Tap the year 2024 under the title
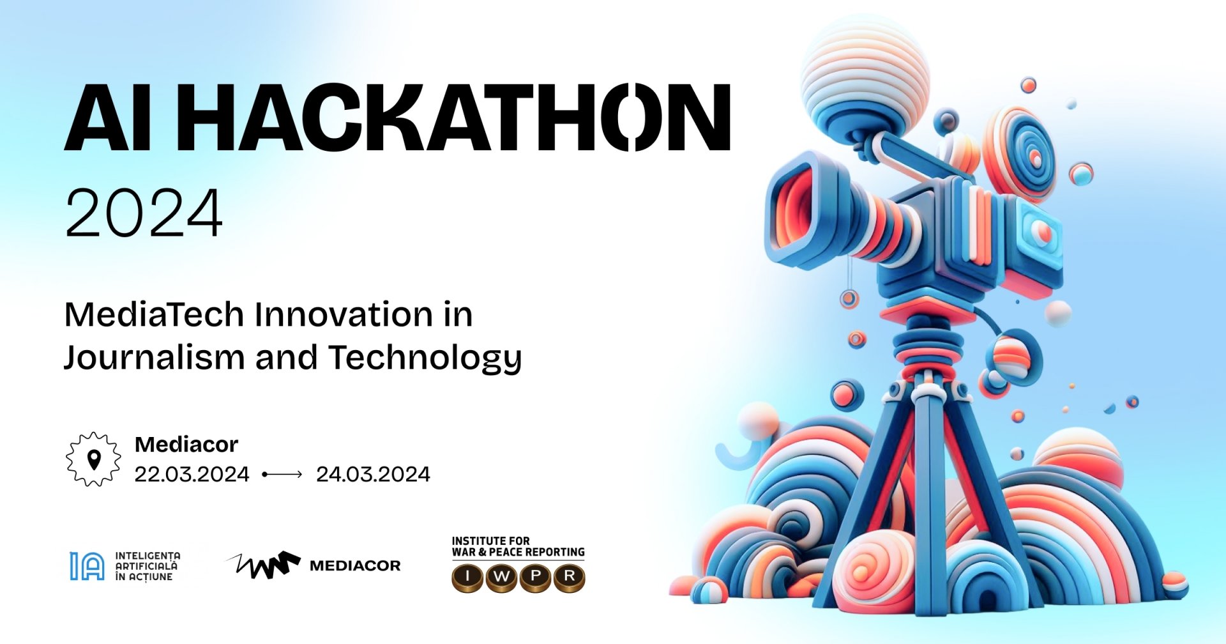click(x=144, y=213)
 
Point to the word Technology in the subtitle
click(x=425, y=358)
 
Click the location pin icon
click(x=94, y=459)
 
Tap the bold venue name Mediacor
click(x=186, y=444)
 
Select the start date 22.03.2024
click(x=192, y=474)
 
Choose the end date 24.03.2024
click(x=373, y=474)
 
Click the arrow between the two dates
click(x=282, y=474)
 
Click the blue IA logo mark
click(x=87, y=566)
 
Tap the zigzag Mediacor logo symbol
click(x=263, y=565)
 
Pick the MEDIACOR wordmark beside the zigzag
click(x=355, y=565)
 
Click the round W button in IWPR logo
click(x=502, y=578)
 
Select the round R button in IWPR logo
click(x=569, y=578)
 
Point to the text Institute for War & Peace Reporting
click(x=518, y=546)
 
